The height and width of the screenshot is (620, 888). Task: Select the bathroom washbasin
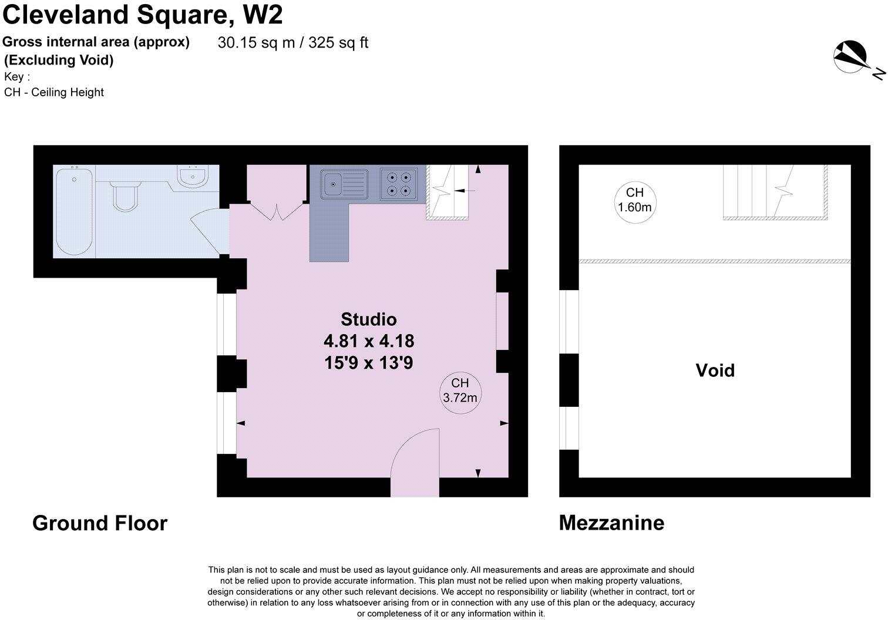click(192, 176)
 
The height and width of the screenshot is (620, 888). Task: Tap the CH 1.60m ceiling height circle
click(634, 200)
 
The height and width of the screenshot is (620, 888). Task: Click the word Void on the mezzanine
click(715, 370)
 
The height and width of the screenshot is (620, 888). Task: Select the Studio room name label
click(369, 319)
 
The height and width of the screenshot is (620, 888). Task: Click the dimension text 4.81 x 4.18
click(369, 341)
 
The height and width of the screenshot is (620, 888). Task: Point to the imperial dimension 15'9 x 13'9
click(369, 363)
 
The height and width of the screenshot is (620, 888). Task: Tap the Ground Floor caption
click(100, 523)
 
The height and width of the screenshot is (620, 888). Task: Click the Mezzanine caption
click(611, 523)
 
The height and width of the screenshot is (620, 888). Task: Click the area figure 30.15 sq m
click(256, 43)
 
